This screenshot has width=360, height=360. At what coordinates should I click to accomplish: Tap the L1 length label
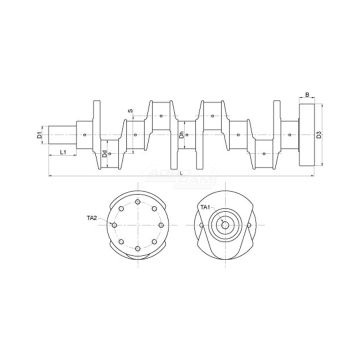click(x=64, y=152)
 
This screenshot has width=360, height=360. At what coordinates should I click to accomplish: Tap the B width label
click(x=306, y=99)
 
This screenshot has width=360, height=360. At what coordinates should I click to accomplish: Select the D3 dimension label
click(x=317, y=133)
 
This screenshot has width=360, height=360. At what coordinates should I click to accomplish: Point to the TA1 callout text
click(x=205, y=207)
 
